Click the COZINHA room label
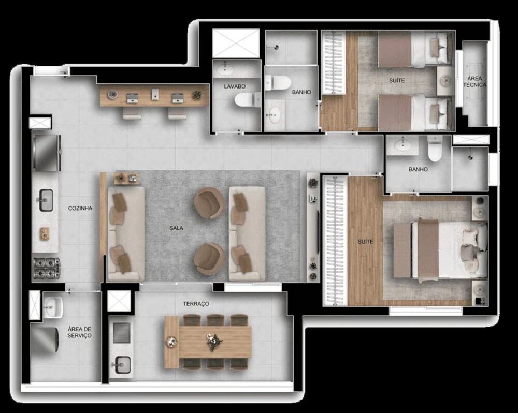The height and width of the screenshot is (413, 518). pyautogui.click(x=80, y=208)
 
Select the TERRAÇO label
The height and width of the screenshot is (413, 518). pyautogui.click(x=196, y=304)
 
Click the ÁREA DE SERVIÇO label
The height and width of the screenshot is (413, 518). pyautogui.click(x=79, y=332)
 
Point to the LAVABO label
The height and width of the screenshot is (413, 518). pyautogui.click(x=235, y=86)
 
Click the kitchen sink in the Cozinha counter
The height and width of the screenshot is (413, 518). pyautogui.click(x=46, y=200)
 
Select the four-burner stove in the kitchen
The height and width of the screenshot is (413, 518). pyautogui.click(x=46, y=268)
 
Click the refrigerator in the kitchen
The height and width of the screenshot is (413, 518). pyautogui.click(x=47, y=152)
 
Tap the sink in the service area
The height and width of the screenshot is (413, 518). pyautogui.click(x=52, y=307)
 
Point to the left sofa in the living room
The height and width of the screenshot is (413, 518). pyautogui.click(x=125, y=234)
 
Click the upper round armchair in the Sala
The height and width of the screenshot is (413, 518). pyautogui.click(x=209, y=202)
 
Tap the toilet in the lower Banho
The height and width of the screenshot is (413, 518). pyautogui.click(x=434, y=149)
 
